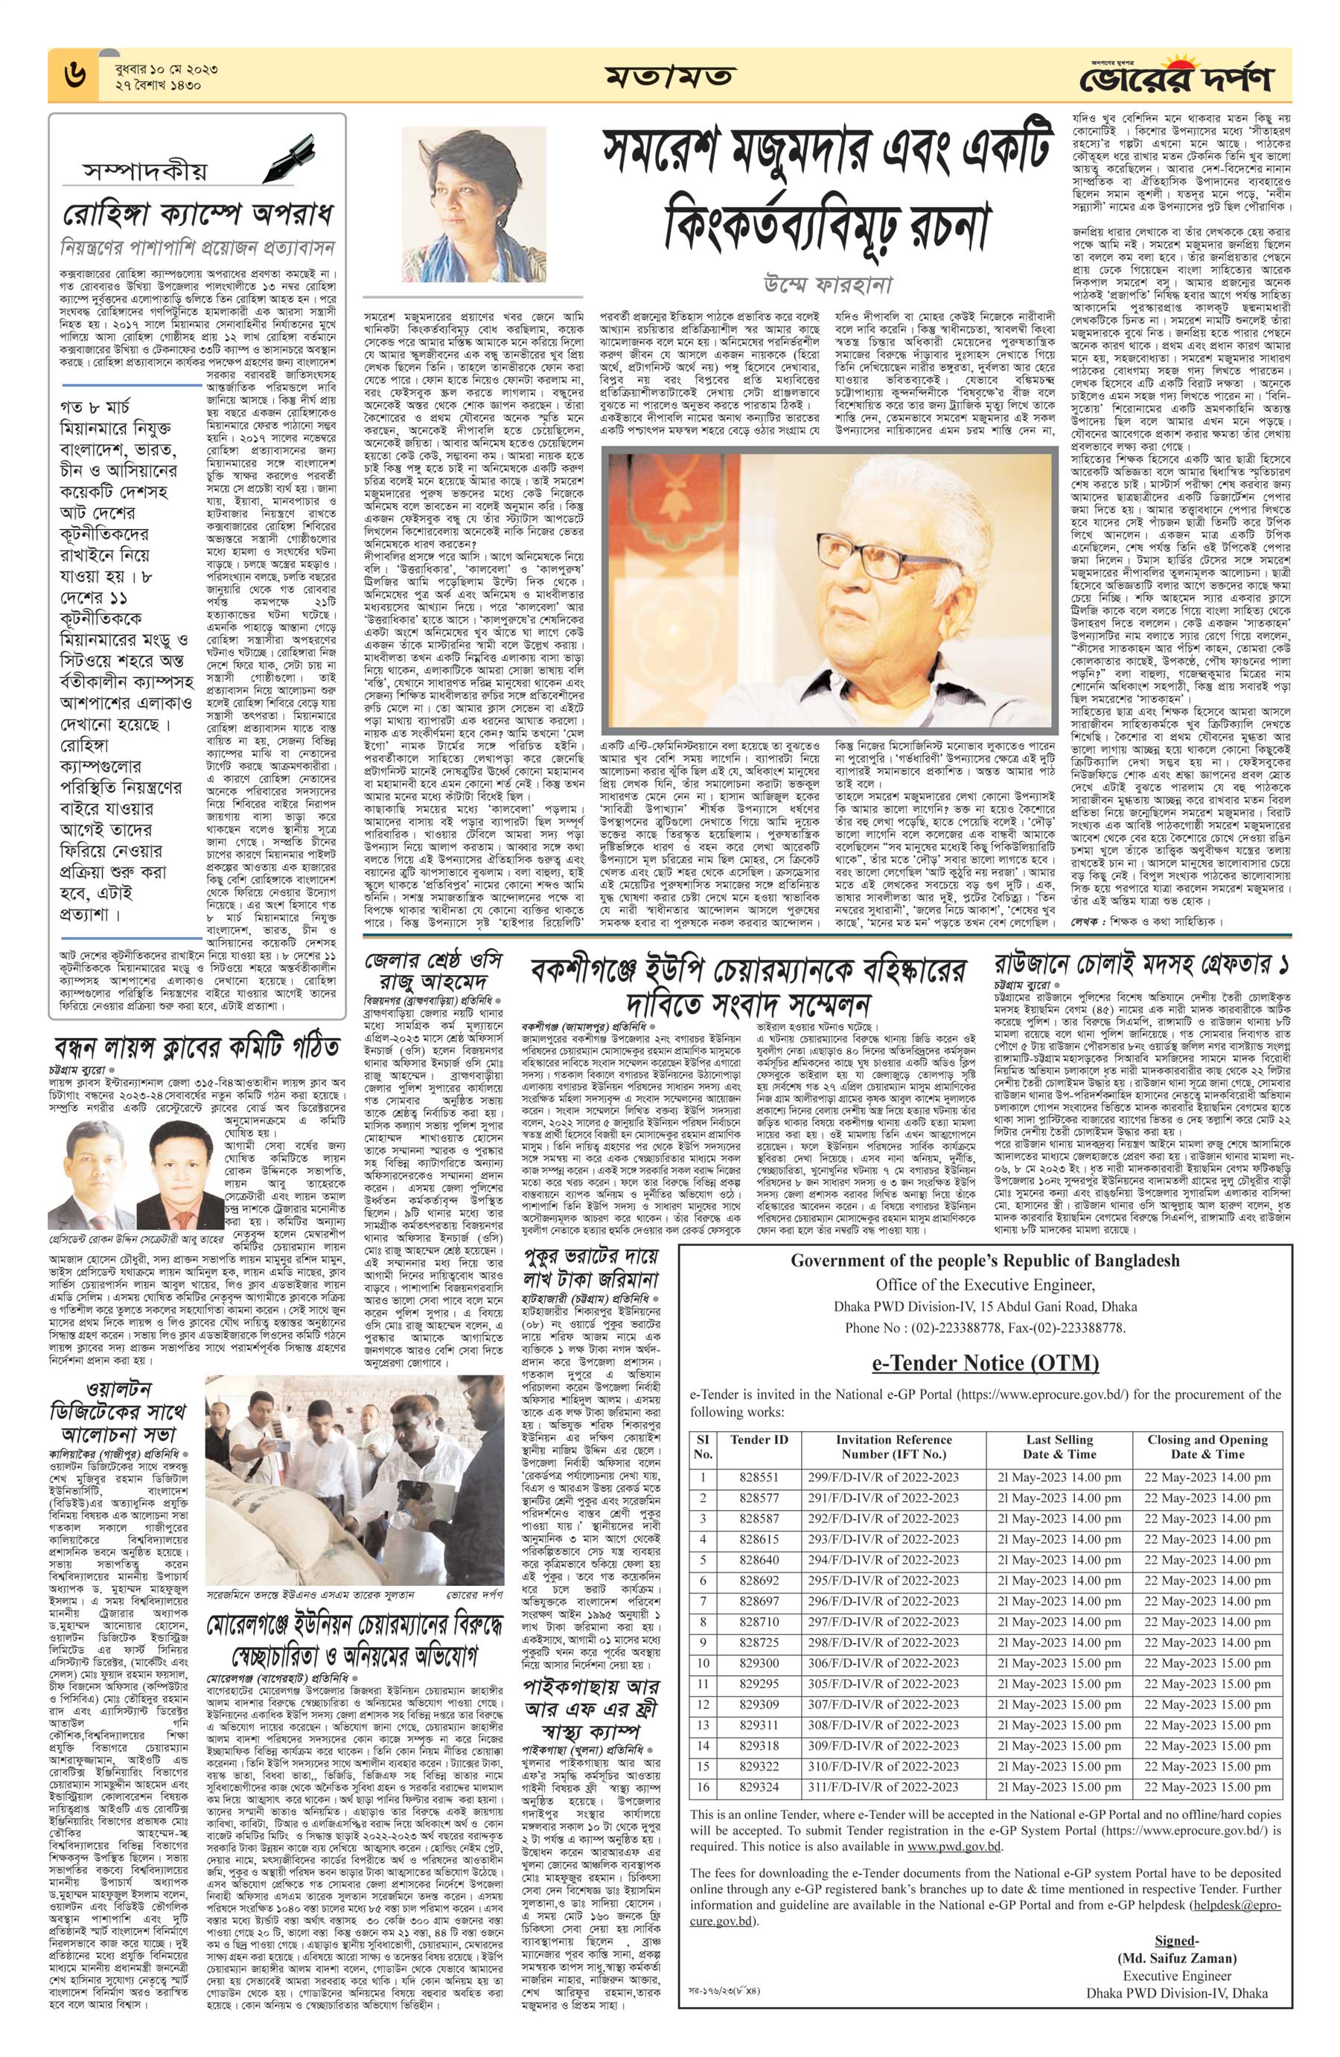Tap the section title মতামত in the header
(670, 77)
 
